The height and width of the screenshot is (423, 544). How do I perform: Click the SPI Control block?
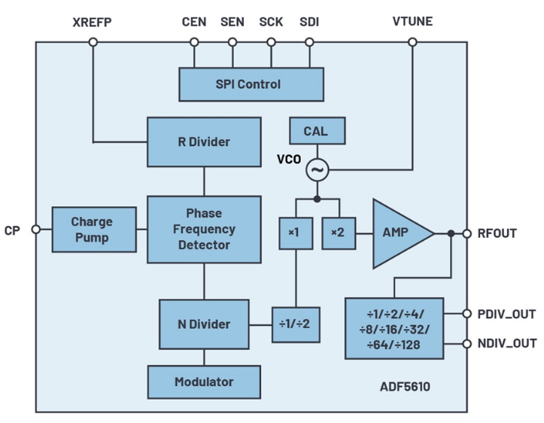click(x=251, y=84)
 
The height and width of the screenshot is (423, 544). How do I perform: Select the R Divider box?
click(x=204, y=142)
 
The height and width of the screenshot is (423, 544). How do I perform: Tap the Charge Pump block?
click(x=94, y=230)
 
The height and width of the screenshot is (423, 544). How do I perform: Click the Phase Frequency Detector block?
click(x=204, y=230)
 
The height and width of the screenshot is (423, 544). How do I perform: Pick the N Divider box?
click(x=204, y=324)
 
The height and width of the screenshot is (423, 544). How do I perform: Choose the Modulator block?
click(x=204, y=382)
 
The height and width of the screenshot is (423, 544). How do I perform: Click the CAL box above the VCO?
click(x=317, y=131)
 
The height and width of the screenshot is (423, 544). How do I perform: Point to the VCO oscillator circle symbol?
click(x=317, y=170)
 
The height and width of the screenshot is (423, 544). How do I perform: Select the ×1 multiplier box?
click(x=296, y=233)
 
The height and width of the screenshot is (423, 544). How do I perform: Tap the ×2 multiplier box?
click(x=339, y=233)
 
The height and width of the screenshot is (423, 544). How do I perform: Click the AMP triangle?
click(x=399, y=233)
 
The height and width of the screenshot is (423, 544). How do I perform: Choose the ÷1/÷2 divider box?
click(x=296, y=324)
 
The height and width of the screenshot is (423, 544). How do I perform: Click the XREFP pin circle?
click(x=93, y=42)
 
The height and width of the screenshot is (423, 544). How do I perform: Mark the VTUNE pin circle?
click(x=412, y=42)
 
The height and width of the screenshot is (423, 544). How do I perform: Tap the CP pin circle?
click(x=35, y=230)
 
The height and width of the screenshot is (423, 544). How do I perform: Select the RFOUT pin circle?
click(x=467, y=233)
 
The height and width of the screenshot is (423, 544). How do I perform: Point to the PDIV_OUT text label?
click(x=506, y=314)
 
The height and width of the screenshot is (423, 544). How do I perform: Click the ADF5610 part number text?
click(x=405, y=387)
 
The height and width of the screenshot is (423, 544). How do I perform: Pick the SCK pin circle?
click(x=271, y=42)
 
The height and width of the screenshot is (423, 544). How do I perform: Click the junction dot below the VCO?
click(x=317, y=199)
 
